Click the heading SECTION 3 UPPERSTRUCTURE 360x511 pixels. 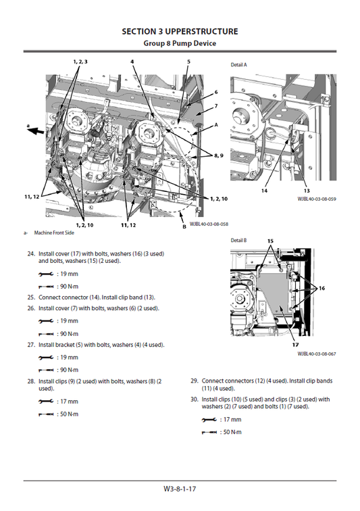click(x=180, y=31)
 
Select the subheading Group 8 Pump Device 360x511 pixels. click(x=180, y=43)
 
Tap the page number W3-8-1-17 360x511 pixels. click(x=180, y=488)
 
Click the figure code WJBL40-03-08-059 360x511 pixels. click(x=317, y=199)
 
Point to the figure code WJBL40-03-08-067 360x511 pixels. click(x=317, y=353)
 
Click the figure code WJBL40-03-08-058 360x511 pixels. click(x=209, y=224)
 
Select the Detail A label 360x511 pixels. click(x=239, y=64)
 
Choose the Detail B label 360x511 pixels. click(x=239, y=241)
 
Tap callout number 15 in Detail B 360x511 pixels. click(x=270, y=241)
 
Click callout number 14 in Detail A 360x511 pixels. click(x=265, y=191)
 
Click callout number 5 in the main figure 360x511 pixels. click(x=188, y=62)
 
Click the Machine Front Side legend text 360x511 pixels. click(x=53, y=233)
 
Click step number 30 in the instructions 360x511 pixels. click(x=195, y=399)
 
